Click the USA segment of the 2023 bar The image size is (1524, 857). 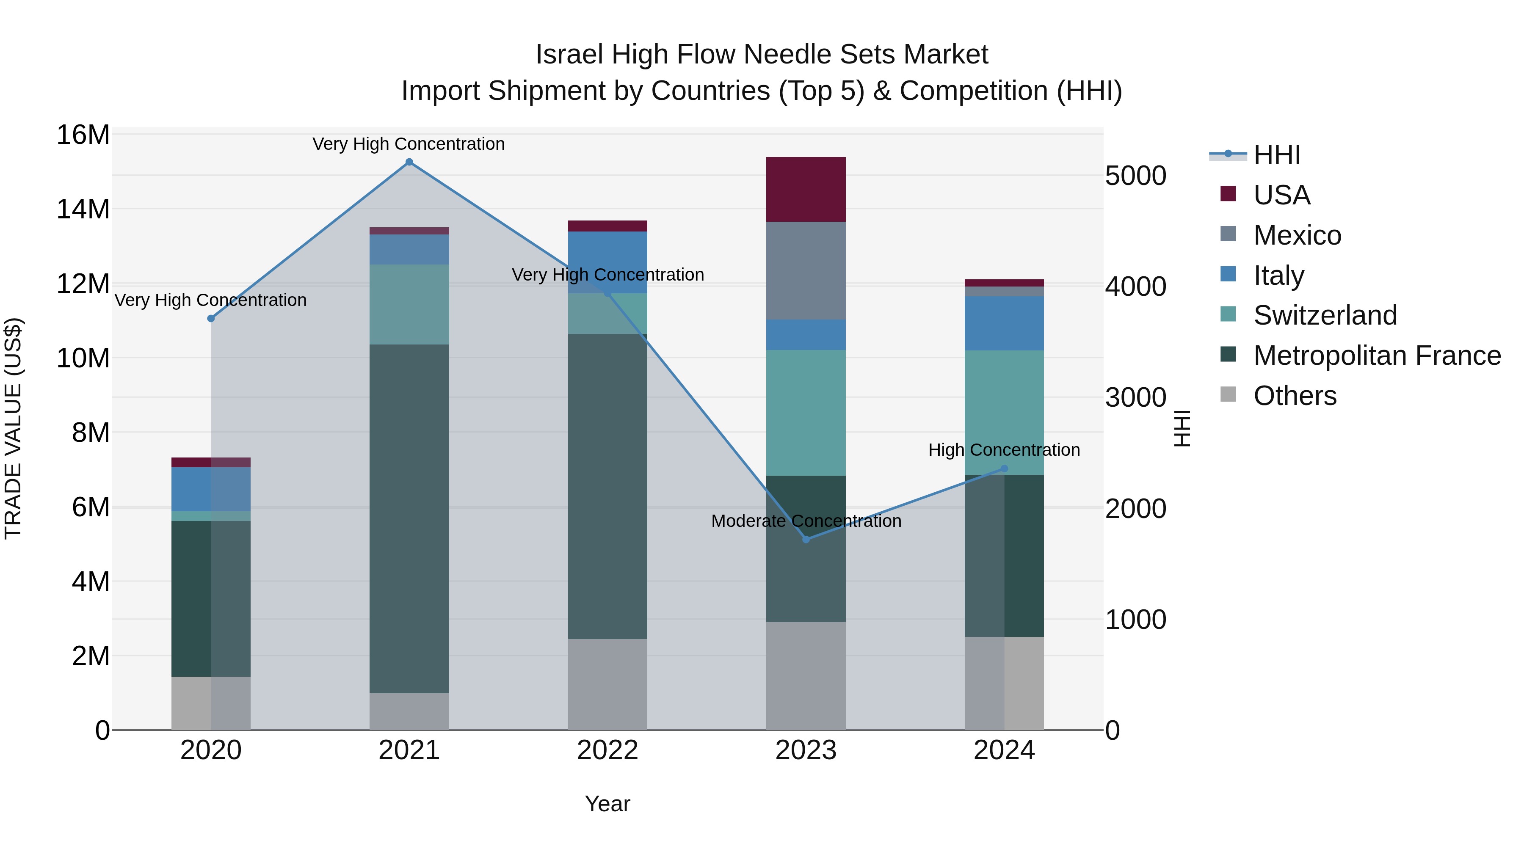805,189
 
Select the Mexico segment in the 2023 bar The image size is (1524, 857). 805,270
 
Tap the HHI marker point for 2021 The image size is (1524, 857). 409,162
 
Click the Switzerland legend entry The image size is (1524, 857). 1325,315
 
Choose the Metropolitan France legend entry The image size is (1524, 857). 1376,355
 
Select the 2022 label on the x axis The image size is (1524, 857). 607,750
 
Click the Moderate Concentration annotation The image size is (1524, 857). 806,521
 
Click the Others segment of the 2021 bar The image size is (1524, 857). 409,711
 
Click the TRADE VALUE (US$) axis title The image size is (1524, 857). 13,428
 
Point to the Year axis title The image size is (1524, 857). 607,804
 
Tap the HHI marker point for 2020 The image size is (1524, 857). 211,318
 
